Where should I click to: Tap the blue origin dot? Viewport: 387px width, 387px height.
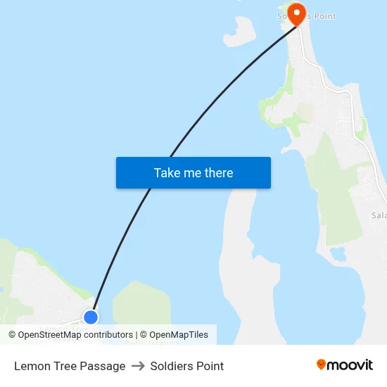[x=91, y=317]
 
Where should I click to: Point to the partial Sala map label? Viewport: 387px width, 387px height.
[x=379, y=215]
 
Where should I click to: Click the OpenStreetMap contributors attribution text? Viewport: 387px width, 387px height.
[x=75, y=335]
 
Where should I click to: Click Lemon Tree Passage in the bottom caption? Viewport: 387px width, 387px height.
[x=70, y=366]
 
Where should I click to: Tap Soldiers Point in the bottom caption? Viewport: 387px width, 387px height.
[x=187, y=366]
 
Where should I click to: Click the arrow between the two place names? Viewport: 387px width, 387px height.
[x=138, y=366]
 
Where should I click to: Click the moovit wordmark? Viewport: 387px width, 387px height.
[x=350, y=365]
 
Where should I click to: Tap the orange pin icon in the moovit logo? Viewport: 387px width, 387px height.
[x=321, y=364]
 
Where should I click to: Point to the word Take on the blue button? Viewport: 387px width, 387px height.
[x=167, y=173]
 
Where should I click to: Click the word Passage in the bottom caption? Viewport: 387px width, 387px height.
[x=103, y=366]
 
